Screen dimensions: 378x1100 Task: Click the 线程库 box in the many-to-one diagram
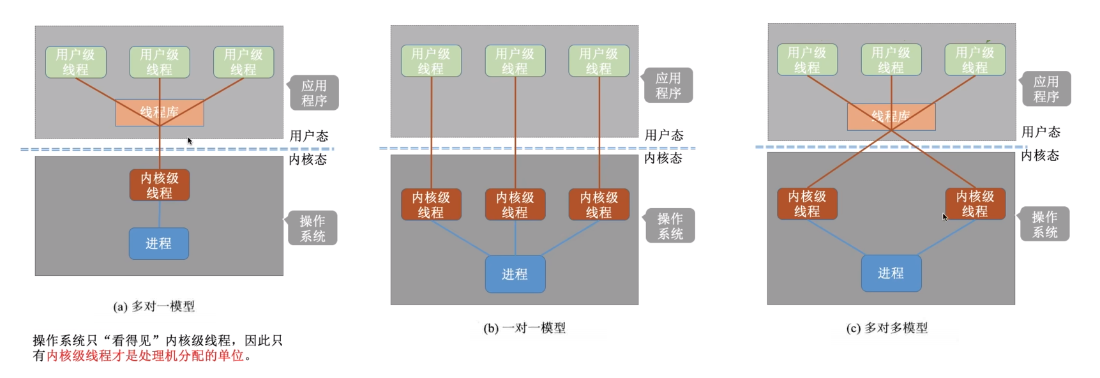pos(160,113)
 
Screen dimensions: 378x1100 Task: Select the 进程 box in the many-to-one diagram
pos(159,243)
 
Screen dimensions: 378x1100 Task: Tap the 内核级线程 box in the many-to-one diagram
pos(160,185)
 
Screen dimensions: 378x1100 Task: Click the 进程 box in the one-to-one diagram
pos(515,274)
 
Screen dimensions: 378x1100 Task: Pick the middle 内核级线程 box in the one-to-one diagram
pos(515,204)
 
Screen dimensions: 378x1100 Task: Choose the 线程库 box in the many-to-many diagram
pos(891,116)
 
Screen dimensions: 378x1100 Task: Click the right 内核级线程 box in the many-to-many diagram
pos(975,203)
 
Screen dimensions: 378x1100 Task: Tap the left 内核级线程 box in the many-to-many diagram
pos(807,203)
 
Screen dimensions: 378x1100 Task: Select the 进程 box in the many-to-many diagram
pos(891,273)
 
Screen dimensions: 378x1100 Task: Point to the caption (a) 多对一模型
pos(154,306)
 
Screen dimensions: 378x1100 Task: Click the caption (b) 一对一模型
pos(524,328)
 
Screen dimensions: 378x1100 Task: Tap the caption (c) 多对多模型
pos(887,328)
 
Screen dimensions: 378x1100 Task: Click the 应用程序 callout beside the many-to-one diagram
pos(314,93)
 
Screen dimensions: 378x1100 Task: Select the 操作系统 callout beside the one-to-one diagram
pos(670,226)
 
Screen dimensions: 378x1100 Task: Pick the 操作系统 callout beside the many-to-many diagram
pos(1045,225)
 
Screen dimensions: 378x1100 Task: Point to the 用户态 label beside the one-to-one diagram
pos(664,135)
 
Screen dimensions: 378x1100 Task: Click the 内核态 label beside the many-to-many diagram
pos(1040,156)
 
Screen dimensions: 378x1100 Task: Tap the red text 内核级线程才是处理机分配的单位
pos(145,356)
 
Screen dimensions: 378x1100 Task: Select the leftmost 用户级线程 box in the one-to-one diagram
pos(431,61)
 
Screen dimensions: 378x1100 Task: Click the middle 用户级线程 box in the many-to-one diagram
pos(160,62)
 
